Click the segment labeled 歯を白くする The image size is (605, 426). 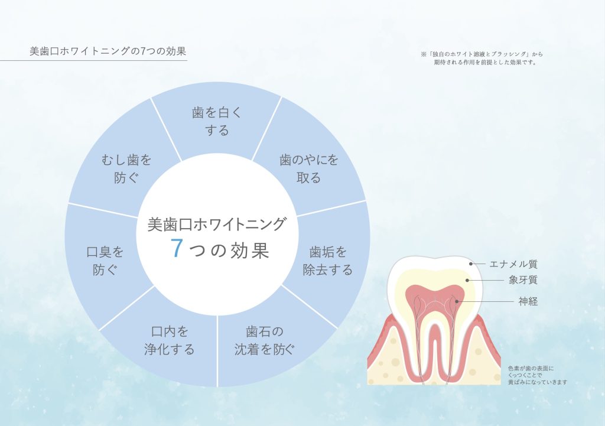tap(217, 121)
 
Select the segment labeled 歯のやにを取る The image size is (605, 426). tap(308, 168)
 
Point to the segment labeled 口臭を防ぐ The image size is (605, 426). tap(105, 261)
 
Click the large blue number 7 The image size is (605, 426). tap(175, 249)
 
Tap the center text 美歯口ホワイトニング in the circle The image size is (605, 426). tap(217, 224)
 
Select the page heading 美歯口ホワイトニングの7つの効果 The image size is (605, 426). tap(103, 51)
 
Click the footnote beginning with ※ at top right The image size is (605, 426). tap(482, 58)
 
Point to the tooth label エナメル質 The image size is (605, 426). tap(513, 264)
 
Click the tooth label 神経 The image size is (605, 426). tap(528, 301)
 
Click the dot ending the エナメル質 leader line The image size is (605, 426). tap(470, 264)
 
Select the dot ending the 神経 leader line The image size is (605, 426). tap(456, 301)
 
